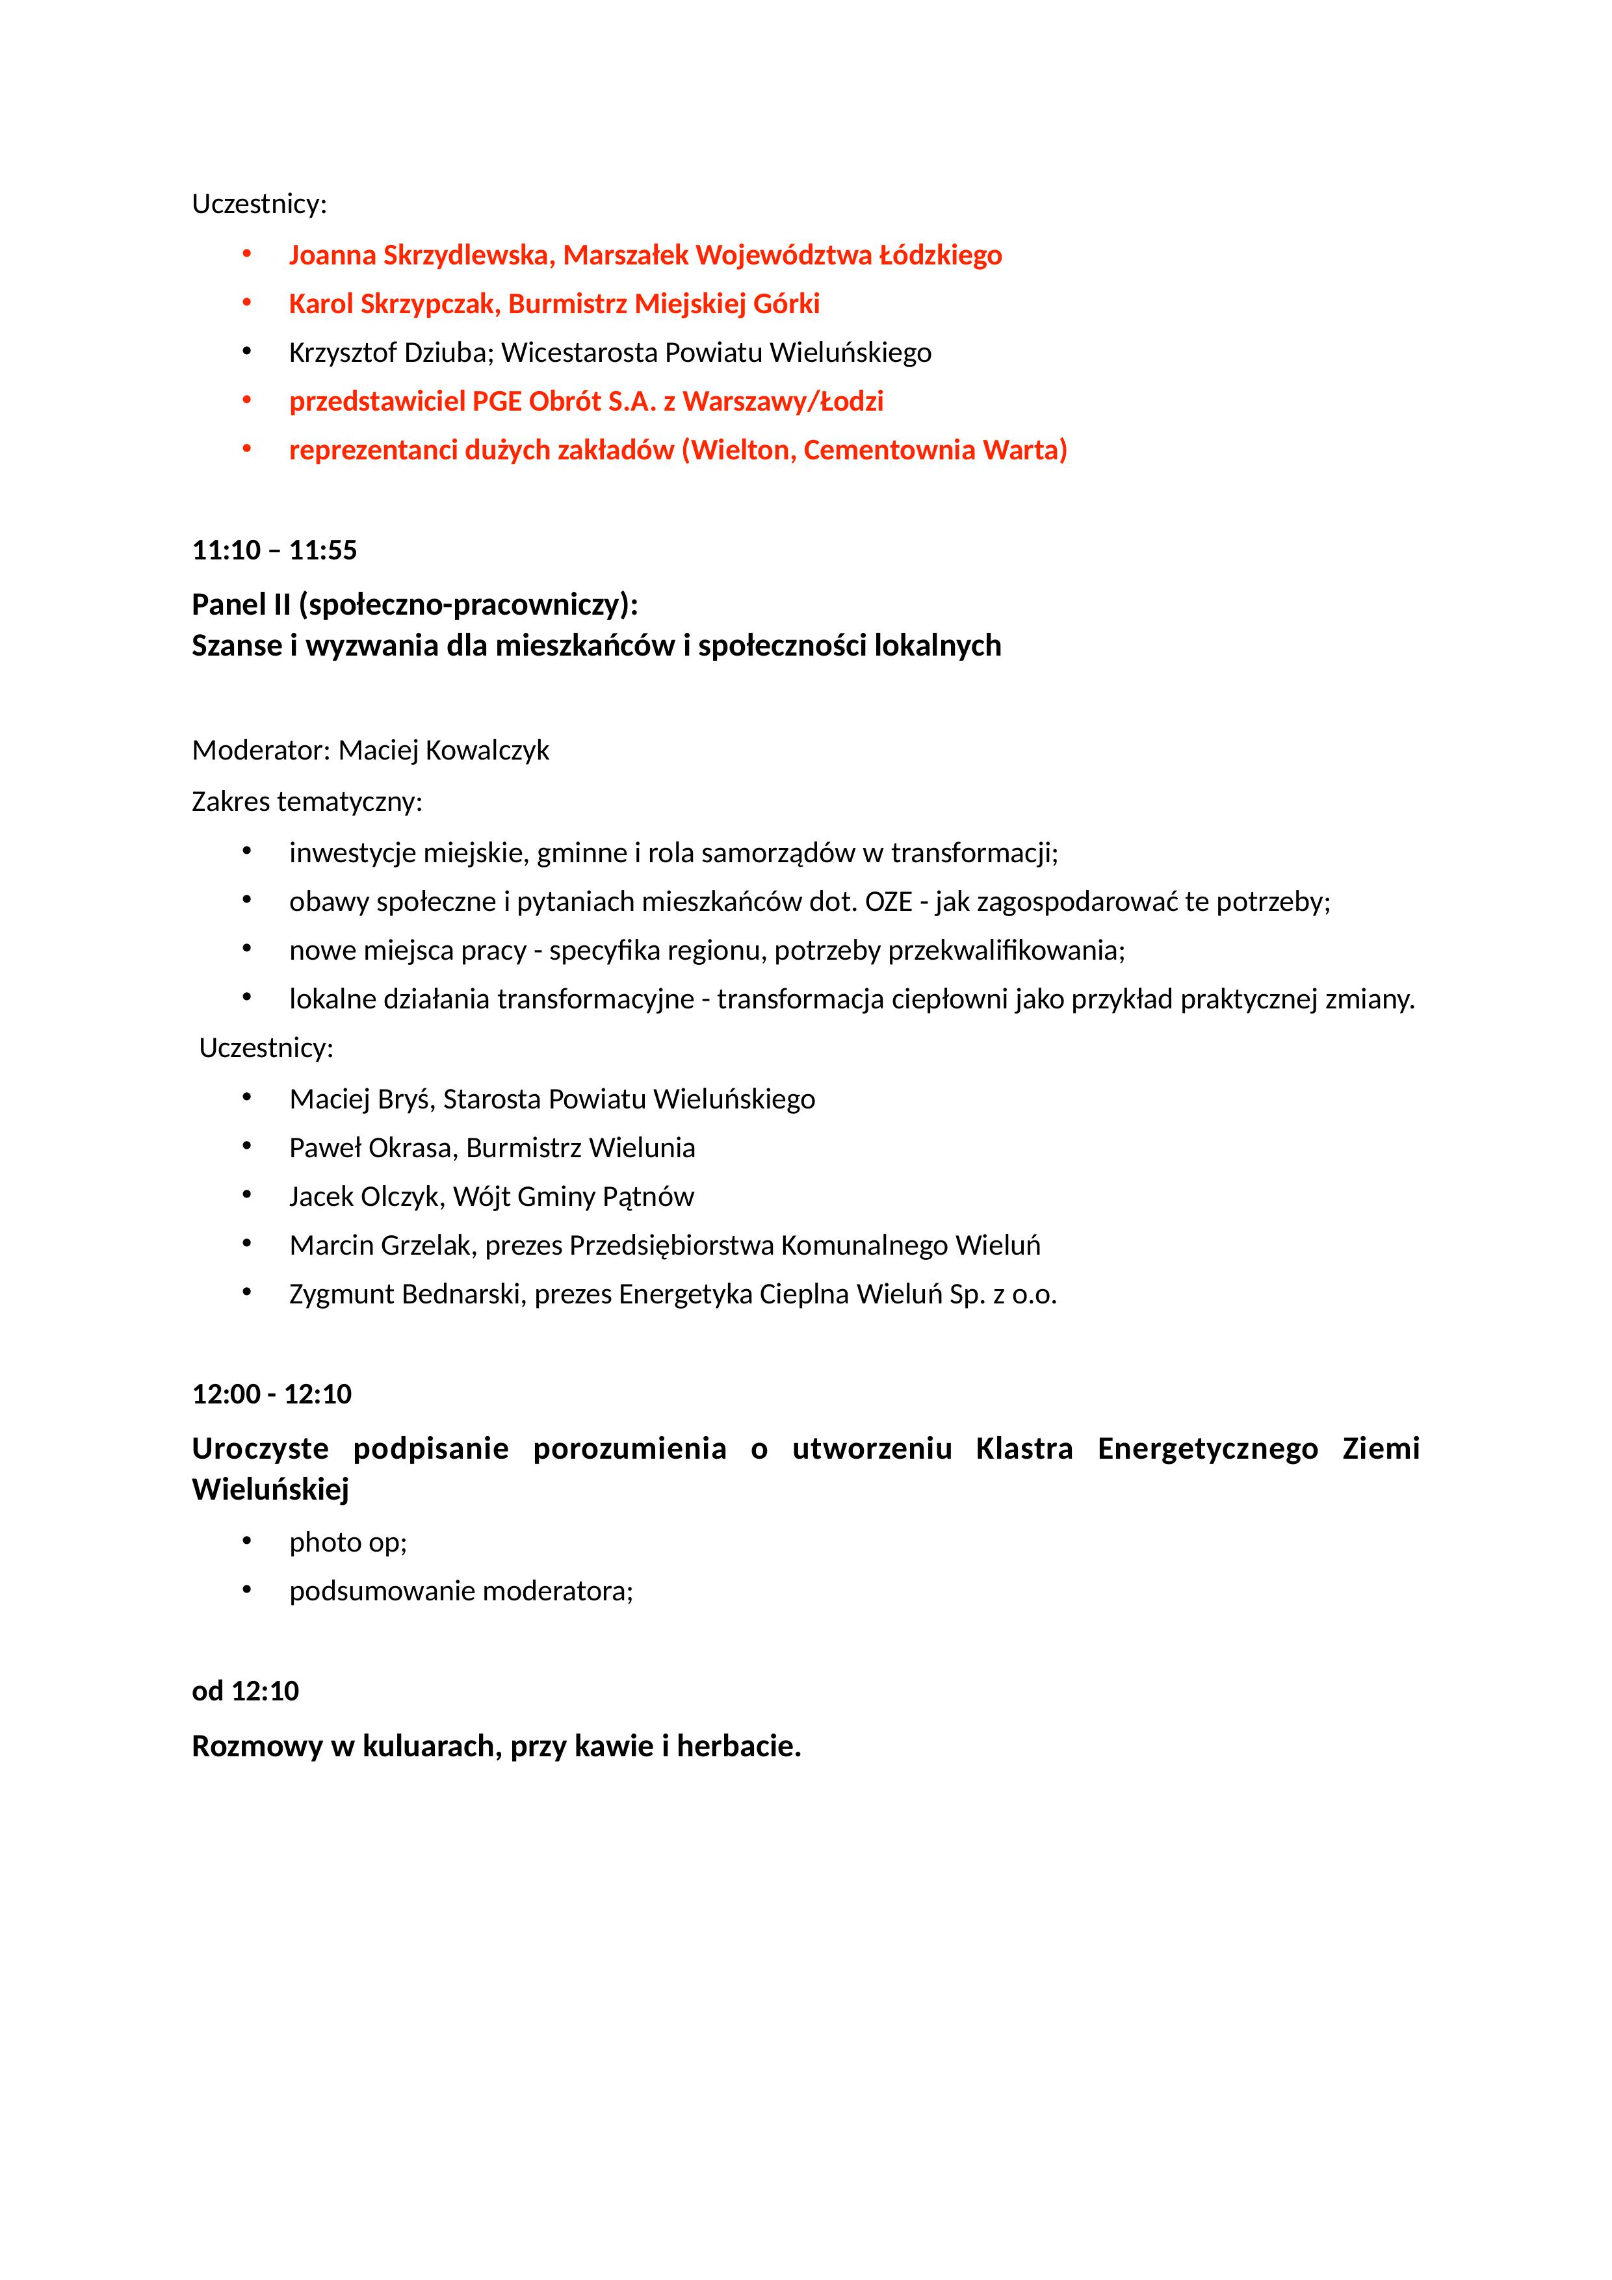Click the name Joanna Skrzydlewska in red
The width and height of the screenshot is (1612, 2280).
[417, 255]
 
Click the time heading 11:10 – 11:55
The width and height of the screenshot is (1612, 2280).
[274, 550]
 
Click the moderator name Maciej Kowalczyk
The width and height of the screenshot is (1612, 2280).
[443, 750]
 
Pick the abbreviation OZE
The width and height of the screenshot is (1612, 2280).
[888, 902]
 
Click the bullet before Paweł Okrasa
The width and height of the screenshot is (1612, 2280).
[246, 1147]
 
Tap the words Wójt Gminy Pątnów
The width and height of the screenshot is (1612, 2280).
[573, 1197]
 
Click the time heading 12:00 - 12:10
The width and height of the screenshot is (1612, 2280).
[271, 1394]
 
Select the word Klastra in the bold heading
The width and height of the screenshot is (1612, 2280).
[1023, 1449]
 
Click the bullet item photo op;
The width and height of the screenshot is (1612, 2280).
[348, 1542]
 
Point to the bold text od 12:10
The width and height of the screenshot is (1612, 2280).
[245, 1691]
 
